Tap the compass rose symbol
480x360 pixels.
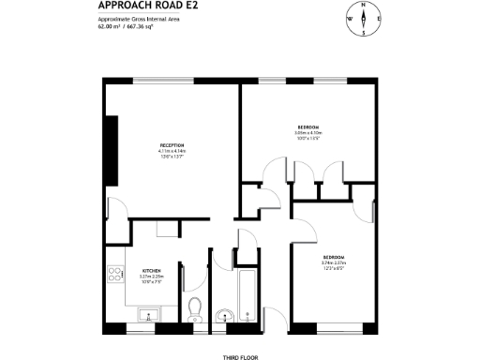(363, 19)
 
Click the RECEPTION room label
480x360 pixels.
(172, 145)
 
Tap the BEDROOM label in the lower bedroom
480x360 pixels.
(334, 257)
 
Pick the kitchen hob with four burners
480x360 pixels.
(117, 276)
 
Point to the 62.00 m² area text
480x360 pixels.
(111, 27)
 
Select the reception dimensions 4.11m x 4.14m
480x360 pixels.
(172, 151)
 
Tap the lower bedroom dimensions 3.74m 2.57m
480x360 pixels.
(334, 262)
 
